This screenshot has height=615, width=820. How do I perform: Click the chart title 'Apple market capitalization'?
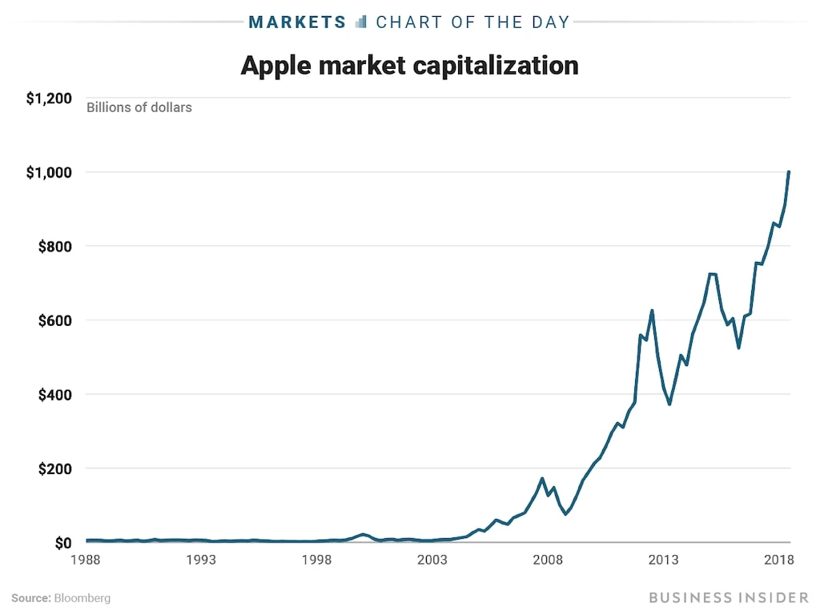(409, 65)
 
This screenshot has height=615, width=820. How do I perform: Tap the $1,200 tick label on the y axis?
(49, 98)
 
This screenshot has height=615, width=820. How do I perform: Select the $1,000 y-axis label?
(49, 172)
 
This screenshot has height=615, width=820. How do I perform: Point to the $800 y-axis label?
(54, 246)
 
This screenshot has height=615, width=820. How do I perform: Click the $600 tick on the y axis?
(54, 320)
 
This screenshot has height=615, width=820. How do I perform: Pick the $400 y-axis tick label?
(54, 395)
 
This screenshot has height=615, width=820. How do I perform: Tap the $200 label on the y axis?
(54, 468)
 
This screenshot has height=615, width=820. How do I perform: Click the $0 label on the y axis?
(62, 543)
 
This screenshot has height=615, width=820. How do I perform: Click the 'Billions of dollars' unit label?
(139, 107)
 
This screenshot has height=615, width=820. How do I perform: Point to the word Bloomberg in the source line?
(82, 598)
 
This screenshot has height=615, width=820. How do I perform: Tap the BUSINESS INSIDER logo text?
(729, 597)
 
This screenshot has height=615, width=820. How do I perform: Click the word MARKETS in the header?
(297, 22)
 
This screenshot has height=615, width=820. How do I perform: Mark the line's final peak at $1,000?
(790, 172)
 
